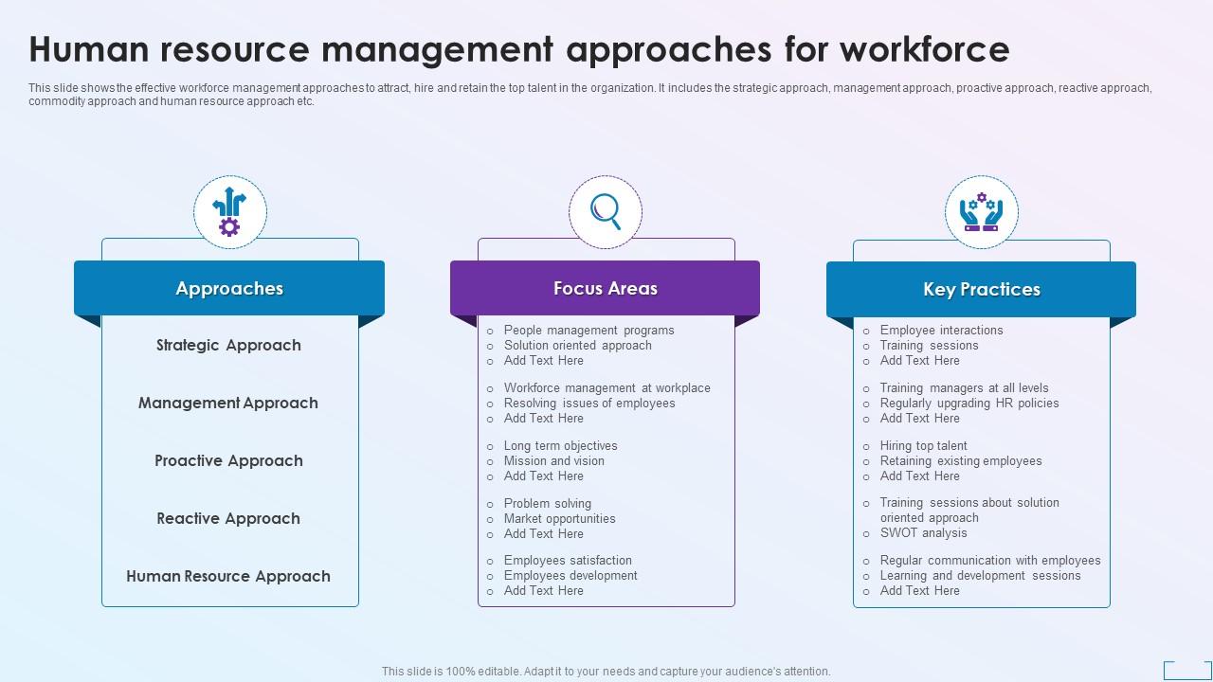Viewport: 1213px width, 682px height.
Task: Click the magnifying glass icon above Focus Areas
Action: click(606, 211)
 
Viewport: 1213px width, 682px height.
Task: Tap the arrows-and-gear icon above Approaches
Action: click(229, 212)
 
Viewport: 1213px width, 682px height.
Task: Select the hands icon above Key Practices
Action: click(981, 212)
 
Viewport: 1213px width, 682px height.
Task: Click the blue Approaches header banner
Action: click(229, 289)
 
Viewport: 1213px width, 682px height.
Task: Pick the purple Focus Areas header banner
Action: click(605, 289)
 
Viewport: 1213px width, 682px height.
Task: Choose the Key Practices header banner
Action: click(981, 290)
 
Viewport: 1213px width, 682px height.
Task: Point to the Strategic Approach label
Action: click(228, 346)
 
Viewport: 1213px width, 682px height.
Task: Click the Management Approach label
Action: click(228, 404)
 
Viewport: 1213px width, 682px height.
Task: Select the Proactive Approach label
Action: click(228, 461)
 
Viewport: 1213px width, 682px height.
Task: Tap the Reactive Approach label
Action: click(228, 519)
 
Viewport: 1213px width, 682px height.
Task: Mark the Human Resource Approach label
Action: click(228, 577)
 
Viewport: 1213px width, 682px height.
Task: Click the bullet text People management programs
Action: click(588, 331)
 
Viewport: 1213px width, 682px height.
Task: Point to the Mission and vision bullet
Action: click(553, 461)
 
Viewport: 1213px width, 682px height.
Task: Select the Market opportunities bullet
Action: click(559, 519)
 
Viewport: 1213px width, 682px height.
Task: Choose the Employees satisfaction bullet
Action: click(568, 561)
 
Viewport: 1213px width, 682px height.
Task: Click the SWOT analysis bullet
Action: click(923, 533)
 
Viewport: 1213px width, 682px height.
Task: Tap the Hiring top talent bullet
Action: click(923, 446)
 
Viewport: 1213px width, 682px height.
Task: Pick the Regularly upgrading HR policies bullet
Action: click(969, 404)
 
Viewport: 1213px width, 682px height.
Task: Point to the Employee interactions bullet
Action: click(941, 331)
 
